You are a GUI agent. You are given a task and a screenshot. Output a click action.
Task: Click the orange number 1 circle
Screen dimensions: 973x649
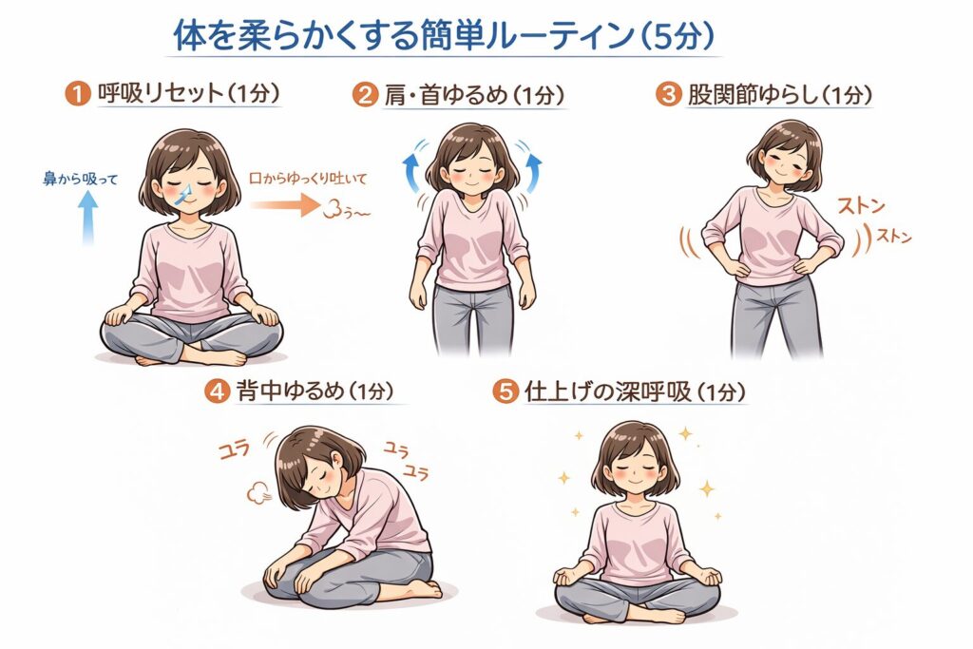point(78,95)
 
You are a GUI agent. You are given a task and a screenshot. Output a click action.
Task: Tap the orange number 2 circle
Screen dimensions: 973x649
point(365,95)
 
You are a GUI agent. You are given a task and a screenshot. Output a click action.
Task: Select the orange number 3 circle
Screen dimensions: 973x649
point(668,94)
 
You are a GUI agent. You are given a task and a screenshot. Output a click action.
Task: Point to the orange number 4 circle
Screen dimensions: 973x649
point(218,391)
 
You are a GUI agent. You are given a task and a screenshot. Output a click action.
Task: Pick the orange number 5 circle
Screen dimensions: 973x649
point(506,391)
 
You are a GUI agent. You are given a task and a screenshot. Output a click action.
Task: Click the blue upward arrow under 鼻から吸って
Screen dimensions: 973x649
point(88,218)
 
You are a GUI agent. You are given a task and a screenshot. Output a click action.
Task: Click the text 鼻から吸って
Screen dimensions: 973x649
point(80,180)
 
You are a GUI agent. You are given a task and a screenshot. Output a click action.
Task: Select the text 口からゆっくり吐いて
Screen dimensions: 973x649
point(308,179)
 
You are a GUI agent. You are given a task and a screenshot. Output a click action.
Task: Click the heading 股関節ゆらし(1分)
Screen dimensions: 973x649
point(780,95)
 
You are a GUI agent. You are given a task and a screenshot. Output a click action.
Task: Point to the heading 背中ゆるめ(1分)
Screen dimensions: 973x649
point(315,391)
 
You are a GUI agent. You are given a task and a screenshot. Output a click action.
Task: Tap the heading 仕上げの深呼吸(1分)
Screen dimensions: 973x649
point(634,391)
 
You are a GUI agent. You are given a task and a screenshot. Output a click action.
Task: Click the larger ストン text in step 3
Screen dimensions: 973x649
point(861,205)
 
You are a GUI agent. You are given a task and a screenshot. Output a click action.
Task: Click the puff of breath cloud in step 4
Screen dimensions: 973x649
point(259,494)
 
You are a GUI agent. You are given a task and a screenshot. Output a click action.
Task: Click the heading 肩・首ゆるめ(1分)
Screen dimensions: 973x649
point(474,95)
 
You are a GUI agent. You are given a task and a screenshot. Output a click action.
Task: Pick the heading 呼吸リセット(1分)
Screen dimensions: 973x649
point(189,94)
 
